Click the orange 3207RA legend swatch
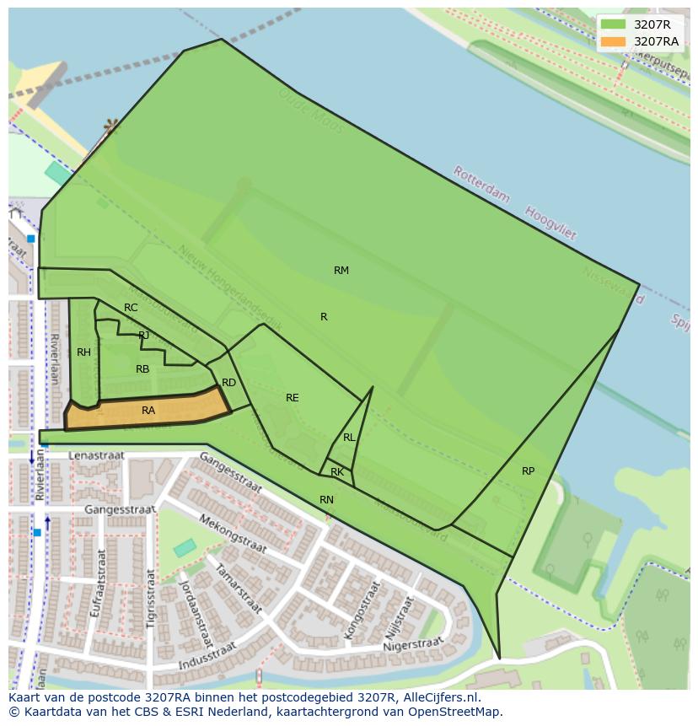(613, 41)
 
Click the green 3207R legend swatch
(613, 24)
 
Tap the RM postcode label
(341, 271)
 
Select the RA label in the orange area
(148, 411)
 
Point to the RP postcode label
(528, 471)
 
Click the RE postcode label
(293, 398)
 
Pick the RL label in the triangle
(349, 438)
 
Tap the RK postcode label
(337, 472)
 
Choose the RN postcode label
(327, 500)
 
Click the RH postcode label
(83, 352)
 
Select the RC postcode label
(131, 308)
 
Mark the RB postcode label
(142, 369)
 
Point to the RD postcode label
(229, 383)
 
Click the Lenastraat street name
(96, 455)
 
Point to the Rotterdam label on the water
(481, 184)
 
